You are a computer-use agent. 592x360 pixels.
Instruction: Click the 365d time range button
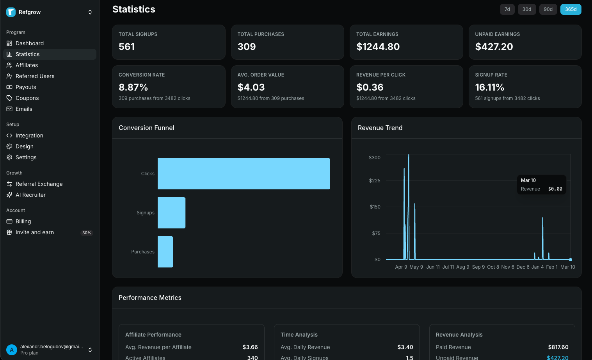point(571,9)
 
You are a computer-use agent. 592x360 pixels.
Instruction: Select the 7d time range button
point(507,9)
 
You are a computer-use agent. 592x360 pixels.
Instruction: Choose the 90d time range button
point(548,9)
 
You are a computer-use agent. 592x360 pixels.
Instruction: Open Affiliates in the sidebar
point(27,65)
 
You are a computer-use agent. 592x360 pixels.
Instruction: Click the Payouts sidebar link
point(26,87)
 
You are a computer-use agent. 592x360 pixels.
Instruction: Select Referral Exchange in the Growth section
point(39,184)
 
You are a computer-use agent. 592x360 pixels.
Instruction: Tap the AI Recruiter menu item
point(30,195)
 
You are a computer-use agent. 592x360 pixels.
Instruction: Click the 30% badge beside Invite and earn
point(87,233)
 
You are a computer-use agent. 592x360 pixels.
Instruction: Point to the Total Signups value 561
point(127,47)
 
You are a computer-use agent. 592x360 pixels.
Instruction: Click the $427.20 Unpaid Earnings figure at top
point(494,47)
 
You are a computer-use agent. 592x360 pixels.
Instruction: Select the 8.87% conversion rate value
point(133,87)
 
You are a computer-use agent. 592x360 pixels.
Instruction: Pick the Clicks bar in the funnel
point(244,174)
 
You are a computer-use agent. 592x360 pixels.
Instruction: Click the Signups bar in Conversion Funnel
point(171,213)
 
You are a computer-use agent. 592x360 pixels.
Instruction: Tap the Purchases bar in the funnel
point(165,252)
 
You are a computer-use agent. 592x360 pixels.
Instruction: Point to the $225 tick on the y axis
point(375,181)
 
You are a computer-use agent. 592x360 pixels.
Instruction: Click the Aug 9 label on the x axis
point(463,267)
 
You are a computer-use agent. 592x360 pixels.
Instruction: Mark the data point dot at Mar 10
point(571,260)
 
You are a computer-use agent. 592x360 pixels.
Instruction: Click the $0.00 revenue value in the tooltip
point(555,189)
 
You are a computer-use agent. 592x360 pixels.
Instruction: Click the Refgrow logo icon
point(11,12)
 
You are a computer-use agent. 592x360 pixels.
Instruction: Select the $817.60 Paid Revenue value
point(558,347)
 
